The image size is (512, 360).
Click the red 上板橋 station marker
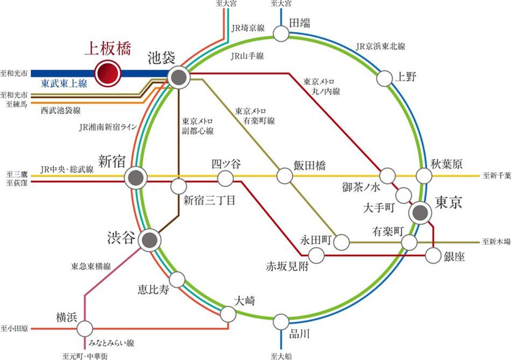pyautogui.click(x=107, y=72)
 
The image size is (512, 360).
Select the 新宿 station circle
pyautogui.click(x=135, y=177)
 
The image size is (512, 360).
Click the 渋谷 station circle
pyautogui.click(x=149, y=240)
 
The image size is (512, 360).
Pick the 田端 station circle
pyautogui.click(x=281, y=34)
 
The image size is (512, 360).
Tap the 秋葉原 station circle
pyautogui.click(x=424, y=176)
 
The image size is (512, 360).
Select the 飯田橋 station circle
pyautogui.click(x=285, y=176)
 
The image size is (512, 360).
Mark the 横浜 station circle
pyautogui.click(x=85, y=328)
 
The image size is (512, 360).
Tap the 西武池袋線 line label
pyautogui.click(x=60, y=110)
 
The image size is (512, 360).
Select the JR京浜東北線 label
pyautogui.click(x=380, y=46)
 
